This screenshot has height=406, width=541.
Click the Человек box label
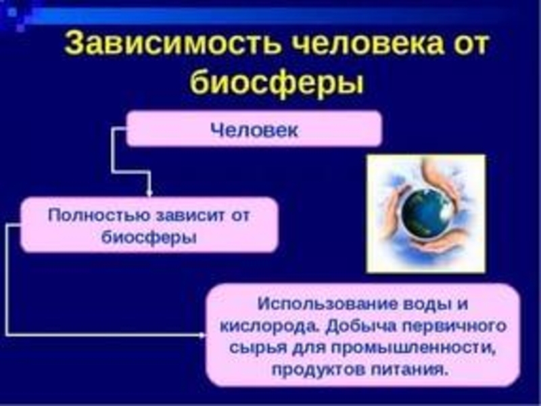[x=254, y=129]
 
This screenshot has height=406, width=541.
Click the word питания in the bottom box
[x=413, y=370]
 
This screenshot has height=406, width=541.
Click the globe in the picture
[x=424, y=212]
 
